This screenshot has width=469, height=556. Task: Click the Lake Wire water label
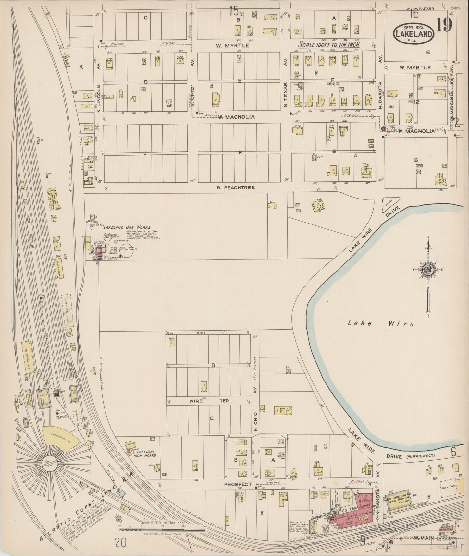click(x=381, y=323)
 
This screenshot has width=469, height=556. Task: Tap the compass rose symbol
click(x=428, y=269)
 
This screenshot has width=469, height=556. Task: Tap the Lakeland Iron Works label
click(x=145, y=453)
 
